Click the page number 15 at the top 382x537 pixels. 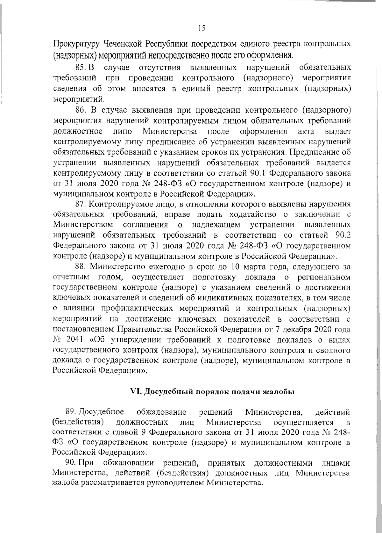(202, 29)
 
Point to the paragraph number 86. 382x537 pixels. (80, 111)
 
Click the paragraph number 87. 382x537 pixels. (80, 204)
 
